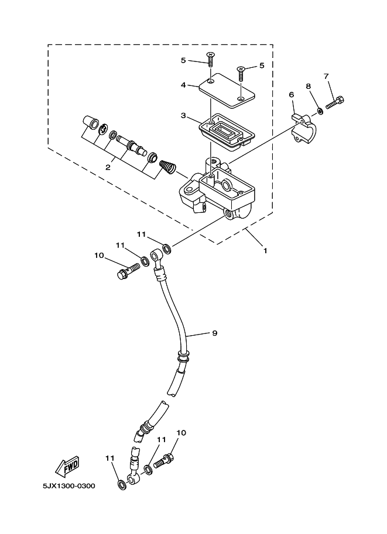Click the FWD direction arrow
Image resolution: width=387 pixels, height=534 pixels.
click(67, 466)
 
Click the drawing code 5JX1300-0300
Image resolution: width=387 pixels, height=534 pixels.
click(69, 486)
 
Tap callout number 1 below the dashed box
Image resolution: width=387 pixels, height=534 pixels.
click(265, 251)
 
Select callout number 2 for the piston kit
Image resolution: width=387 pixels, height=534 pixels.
click(108, 167)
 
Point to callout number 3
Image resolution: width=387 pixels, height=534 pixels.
click(183, 116)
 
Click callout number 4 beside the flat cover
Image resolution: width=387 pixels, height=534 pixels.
click(183, 85)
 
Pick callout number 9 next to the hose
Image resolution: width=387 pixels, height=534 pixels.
click(214, 333)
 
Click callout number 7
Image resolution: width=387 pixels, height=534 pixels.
click(326, 76)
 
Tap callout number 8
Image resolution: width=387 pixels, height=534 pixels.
click(308, 86)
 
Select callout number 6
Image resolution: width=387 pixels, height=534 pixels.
click(291, 94)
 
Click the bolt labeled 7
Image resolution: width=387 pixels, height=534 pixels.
click(335, 102)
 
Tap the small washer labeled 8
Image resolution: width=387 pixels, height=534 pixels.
click(320, 111)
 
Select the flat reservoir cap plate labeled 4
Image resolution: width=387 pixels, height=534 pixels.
click(227, 90)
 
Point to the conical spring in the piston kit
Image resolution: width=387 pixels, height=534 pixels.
click(167, 166)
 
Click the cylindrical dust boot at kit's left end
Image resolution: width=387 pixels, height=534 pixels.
click(90, 122)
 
